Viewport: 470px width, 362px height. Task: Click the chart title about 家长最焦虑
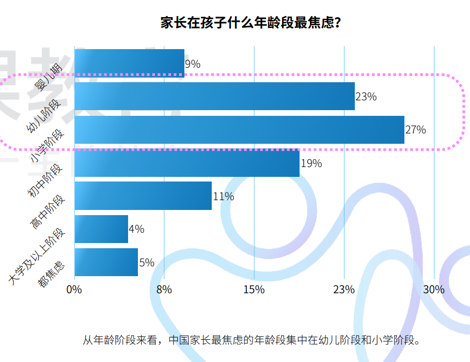250,24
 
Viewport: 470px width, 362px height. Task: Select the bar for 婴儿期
129,63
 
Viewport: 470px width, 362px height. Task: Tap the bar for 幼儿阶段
214,96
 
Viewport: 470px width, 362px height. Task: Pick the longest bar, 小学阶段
239,130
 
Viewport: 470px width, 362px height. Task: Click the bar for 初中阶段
187,163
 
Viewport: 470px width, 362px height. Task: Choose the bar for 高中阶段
143,196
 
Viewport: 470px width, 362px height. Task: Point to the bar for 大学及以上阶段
101,229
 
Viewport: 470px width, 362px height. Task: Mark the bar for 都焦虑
106,262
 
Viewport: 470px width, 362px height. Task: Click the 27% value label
416,130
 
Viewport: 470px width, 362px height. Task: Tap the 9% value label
193,64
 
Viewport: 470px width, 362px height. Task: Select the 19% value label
311,163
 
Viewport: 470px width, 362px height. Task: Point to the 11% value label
224,197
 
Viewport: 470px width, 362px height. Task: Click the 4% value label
136,229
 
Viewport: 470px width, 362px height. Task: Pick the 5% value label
147,263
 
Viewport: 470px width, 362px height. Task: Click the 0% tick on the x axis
74,290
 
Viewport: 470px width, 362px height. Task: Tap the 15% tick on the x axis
254,290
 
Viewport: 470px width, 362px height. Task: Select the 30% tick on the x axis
434,290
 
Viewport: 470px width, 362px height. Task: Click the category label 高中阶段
48,212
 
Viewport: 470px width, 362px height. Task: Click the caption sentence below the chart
250,340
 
